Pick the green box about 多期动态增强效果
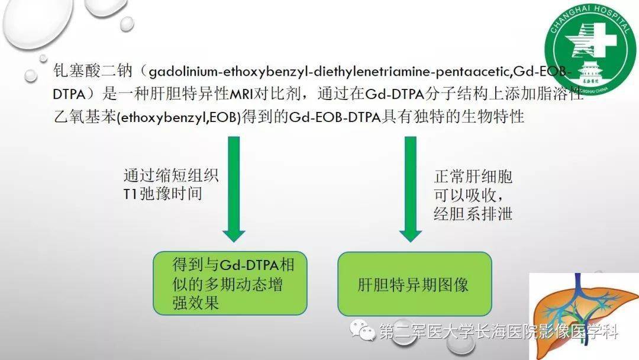230,283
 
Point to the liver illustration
583,314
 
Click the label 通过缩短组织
171,176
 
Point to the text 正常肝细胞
473,176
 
